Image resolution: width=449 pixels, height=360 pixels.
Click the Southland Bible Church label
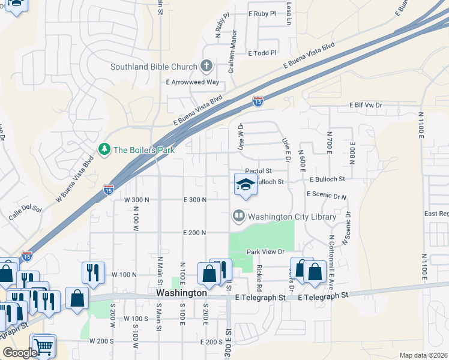154,67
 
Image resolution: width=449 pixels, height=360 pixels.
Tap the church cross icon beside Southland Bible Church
206,66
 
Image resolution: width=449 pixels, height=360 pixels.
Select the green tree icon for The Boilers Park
104,149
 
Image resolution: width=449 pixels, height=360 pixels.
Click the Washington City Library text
292,216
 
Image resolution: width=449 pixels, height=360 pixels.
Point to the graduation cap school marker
246,184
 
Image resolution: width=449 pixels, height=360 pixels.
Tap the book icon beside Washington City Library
238,215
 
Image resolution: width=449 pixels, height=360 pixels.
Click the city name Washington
181,293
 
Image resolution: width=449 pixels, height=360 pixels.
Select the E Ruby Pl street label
262,13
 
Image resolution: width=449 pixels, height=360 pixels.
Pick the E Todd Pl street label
262,53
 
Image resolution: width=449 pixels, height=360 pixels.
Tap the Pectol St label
259,171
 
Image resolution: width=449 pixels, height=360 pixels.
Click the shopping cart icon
43,345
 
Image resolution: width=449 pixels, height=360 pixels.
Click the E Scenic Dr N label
327,195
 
